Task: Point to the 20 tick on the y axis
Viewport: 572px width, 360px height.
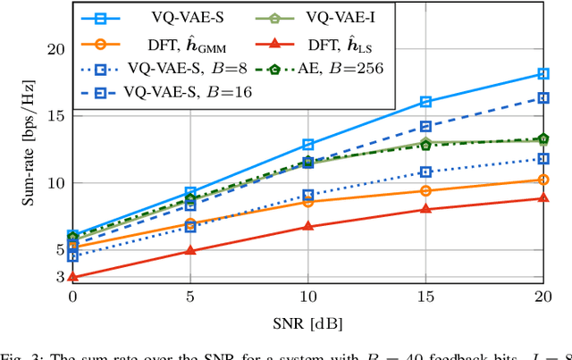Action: point(55,49)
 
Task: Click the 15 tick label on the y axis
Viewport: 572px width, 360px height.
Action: point(55,116)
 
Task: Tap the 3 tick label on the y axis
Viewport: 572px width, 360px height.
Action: point(59,278)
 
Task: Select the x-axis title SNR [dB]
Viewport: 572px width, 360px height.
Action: point(307,322)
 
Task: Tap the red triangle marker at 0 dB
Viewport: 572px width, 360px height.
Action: point(72,278)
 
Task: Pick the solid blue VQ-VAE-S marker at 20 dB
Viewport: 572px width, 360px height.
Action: point(543,73)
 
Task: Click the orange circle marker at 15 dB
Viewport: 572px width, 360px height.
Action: point(425,190)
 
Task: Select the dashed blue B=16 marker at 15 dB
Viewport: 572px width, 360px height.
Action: point(425,127)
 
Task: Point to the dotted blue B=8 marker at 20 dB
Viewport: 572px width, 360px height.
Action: point(543,159)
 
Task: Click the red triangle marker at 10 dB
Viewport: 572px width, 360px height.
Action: point(308,227)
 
